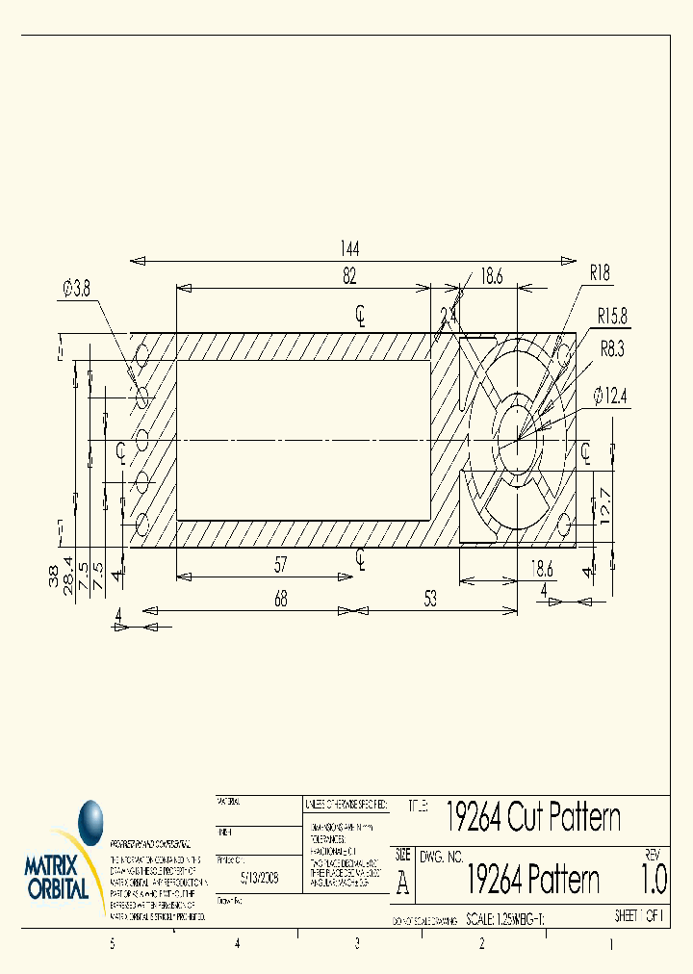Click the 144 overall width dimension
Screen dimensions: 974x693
coord(348,248)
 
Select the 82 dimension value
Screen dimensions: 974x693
coord(349,275)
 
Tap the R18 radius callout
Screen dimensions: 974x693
coord(600,273)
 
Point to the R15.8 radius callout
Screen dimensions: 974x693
coord(612,315)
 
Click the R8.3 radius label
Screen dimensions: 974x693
coord(611,349)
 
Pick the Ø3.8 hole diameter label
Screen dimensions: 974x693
coord(77,287)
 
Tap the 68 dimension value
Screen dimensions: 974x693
coord(279,599)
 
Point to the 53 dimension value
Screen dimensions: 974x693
coord(429,599)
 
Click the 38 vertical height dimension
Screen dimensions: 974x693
coord(52,577)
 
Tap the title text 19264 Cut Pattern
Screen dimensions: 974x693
coord(532,817)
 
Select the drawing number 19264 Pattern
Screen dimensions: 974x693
coord(532,879)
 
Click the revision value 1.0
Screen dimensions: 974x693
coord(653,880)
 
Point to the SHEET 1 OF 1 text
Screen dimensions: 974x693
coord(639,917)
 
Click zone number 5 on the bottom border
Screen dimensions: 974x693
coord(113,944)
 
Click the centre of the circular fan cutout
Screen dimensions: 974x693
coord(519,440)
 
